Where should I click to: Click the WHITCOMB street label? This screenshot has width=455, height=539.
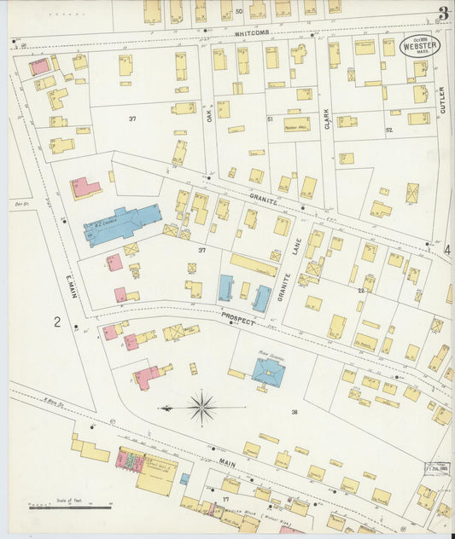point(253,33)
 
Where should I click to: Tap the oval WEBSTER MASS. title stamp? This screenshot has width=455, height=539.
point(421,46)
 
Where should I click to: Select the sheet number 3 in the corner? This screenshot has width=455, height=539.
point(443,13)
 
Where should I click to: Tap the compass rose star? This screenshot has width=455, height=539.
point(202,407)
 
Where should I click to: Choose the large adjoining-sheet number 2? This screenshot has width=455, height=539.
point(57,322)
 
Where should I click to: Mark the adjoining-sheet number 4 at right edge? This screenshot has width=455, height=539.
point(446,250)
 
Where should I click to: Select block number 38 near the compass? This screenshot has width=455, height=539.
point(295,413)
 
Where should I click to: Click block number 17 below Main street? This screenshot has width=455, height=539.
point(226,498)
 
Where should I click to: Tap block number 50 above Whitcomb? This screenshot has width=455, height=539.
point(239,12)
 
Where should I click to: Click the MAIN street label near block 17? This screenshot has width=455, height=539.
point(226,463)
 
